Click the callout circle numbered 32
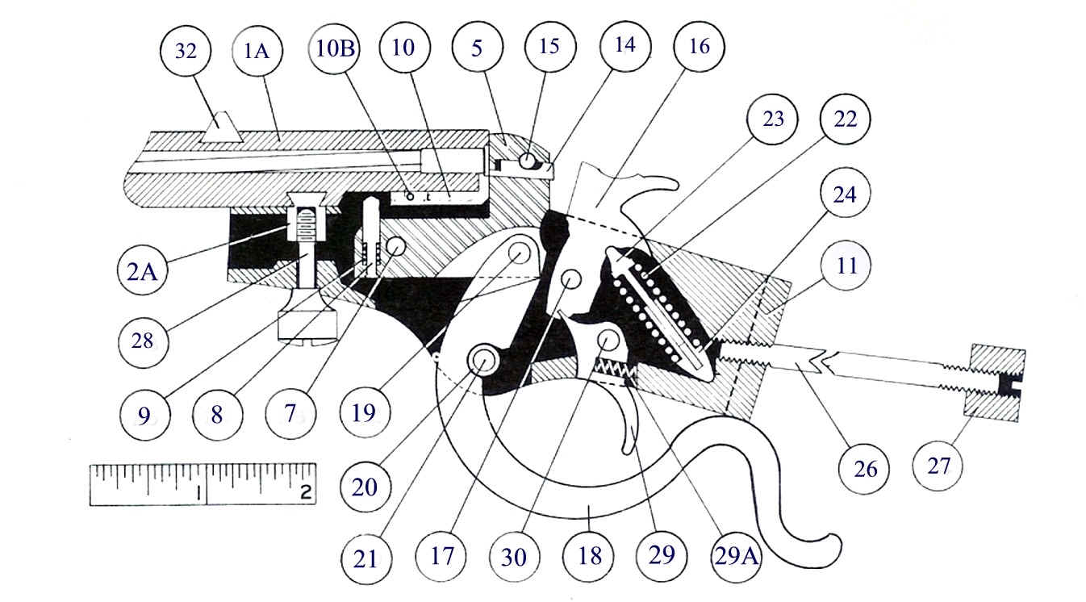pos(186,51)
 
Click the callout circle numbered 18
pos(591,557)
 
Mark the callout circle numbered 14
pos(631,46)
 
